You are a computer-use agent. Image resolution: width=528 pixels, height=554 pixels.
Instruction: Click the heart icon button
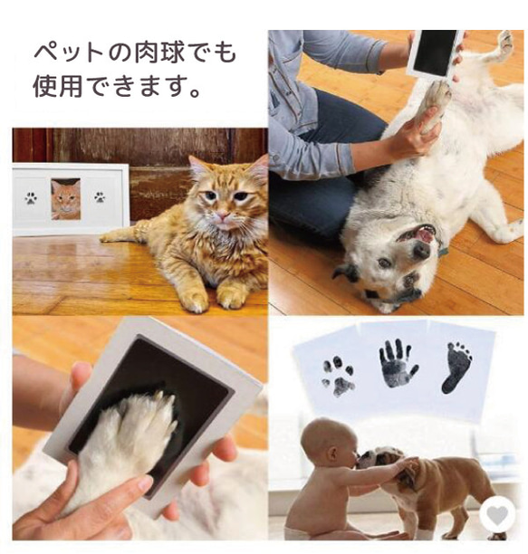tap(496, 516)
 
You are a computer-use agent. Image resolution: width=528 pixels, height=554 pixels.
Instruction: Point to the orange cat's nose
tap(218, 218)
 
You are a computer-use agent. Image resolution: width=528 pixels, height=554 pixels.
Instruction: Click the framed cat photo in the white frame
tap(65, 198)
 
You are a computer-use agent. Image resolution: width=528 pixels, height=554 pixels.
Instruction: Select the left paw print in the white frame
tap(31, 197)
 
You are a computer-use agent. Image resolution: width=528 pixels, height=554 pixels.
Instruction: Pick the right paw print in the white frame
tap(100, 196)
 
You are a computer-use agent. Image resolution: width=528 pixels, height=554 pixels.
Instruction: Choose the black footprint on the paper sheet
tap(456, 367)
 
